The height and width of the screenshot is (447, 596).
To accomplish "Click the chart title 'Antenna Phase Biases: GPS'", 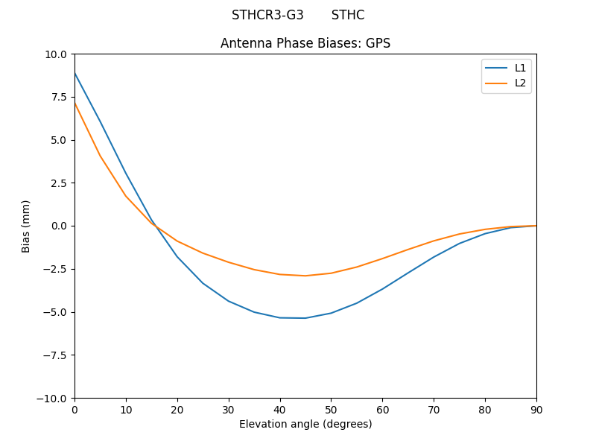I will click(x=305, y=43).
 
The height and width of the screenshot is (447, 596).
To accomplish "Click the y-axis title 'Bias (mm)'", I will click(x=26, y=226).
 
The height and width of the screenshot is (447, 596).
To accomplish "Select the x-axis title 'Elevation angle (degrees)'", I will click(x=305, y=424).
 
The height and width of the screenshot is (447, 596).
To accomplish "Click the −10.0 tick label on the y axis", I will click(x=54, y=398).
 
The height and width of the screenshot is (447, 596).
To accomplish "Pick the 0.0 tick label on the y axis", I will click(x=60, y=226).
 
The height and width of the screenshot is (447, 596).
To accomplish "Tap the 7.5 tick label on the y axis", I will click(x=60, y=97).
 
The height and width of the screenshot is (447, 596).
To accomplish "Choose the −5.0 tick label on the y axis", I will click(x=57, y=312).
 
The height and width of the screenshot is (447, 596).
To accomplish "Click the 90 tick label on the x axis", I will click(x=536, y=409).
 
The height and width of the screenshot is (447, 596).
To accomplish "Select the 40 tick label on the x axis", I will click(x=280, y=409).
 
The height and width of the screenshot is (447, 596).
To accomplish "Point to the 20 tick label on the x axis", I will click(x=177, y=409).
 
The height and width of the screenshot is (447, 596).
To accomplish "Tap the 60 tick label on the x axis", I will click(x=382, y=409).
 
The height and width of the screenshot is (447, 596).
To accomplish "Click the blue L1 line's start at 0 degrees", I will click(x=75, y=73).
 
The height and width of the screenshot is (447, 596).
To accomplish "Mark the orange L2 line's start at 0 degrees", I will click(x=75, y=103).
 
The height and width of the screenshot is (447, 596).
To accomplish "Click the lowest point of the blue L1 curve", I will click(x=305, y=318).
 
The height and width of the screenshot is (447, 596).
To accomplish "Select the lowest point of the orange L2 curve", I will click(x=305, y=276).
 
